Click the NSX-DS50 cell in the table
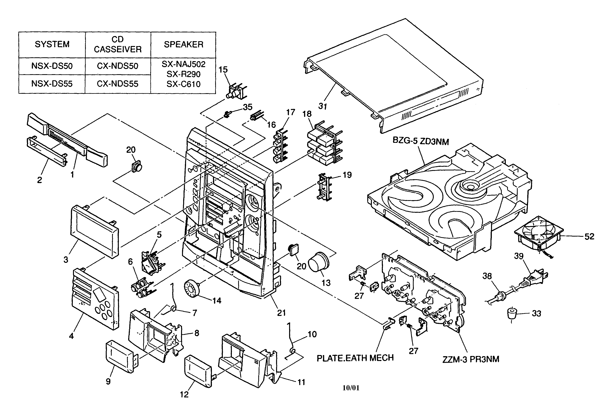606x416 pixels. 52,66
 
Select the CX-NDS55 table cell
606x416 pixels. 118,84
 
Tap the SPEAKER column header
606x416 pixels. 183,44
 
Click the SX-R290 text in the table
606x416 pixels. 183,74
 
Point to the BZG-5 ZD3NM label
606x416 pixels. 421,141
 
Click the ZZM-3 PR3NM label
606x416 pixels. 471,359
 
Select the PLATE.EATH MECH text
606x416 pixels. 355,358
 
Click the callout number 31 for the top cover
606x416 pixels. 323,106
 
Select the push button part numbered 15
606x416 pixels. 236,91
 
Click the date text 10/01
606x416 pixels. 351,388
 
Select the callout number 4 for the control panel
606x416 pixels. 71,336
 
